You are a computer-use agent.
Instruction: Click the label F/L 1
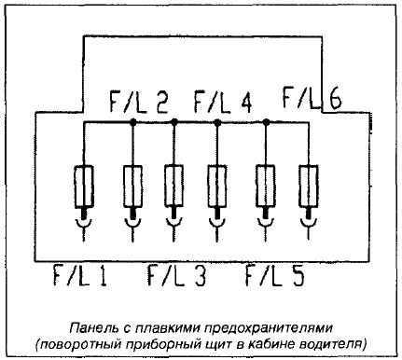click(80, 275)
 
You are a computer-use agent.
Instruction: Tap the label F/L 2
click(139, 102)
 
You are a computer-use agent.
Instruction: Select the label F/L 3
click(176, 275)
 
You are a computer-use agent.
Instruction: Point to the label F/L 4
click(223, 102)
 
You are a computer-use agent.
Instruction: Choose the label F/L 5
click(275, 275)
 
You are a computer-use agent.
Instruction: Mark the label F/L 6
click(312, 99)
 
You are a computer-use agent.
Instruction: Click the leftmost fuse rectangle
click(84, 187)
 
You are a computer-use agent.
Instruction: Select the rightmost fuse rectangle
click(308, 187)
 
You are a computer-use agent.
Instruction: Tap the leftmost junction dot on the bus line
click(132, 122)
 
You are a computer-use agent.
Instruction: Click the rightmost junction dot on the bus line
click(266, 122)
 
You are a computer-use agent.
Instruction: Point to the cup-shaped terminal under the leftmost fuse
click(84, 223)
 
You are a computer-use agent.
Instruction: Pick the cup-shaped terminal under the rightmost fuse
click(308, 223)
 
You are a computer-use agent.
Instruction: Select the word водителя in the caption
click(334, 345)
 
